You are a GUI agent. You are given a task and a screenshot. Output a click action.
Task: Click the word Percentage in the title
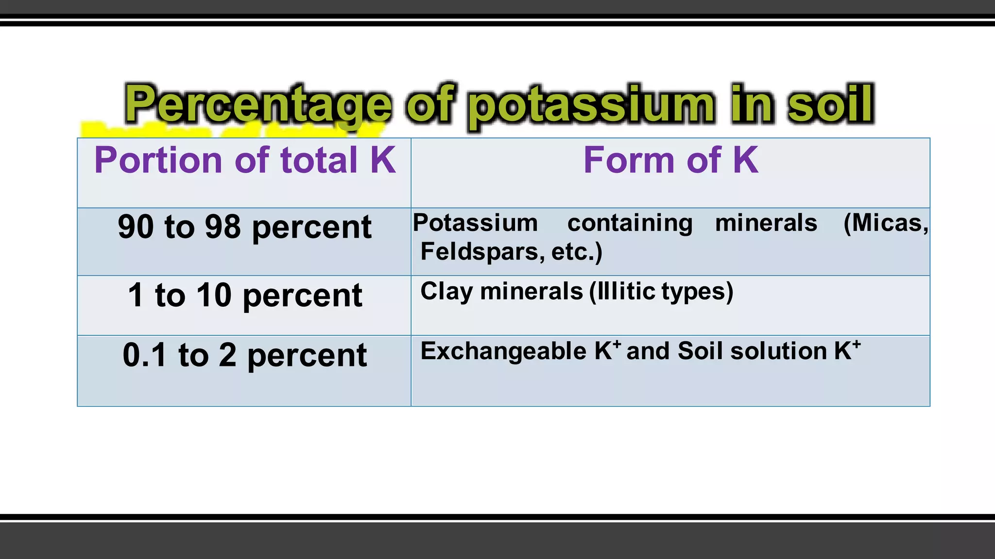click(258, 105)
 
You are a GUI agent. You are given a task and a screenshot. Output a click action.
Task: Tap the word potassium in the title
click(591, 105)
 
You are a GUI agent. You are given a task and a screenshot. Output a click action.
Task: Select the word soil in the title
click(830, 104)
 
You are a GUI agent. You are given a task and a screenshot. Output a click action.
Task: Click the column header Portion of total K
click(245, 160)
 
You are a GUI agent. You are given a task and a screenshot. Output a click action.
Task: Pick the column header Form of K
click(670, 160)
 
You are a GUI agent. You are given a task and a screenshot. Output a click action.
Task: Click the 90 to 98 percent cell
click(244, 227)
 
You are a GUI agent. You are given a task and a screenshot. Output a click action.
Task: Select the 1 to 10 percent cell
click(244, 295)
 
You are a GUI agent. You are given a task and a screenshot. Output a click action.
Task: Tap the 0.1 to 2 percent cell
click(244, 355)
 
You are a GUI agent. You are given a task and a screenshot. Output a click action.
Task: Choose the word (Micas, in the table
click(886, 223)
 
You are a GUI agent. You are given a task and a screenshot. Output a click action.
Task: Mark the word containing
click(630, 223)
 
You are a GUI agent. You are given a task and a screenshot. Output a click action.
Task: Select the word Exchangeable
click(503, 351)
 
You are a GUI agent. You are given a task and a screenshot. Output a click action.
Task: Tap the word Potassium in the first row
click(475, 223)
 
